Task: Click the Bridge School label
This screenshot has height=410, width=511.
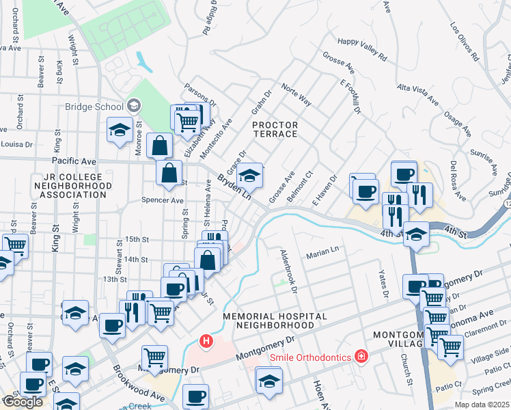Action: click(94, 106)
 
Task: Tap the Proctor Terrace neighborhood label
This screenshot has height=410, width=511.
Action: click(275, 129)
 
